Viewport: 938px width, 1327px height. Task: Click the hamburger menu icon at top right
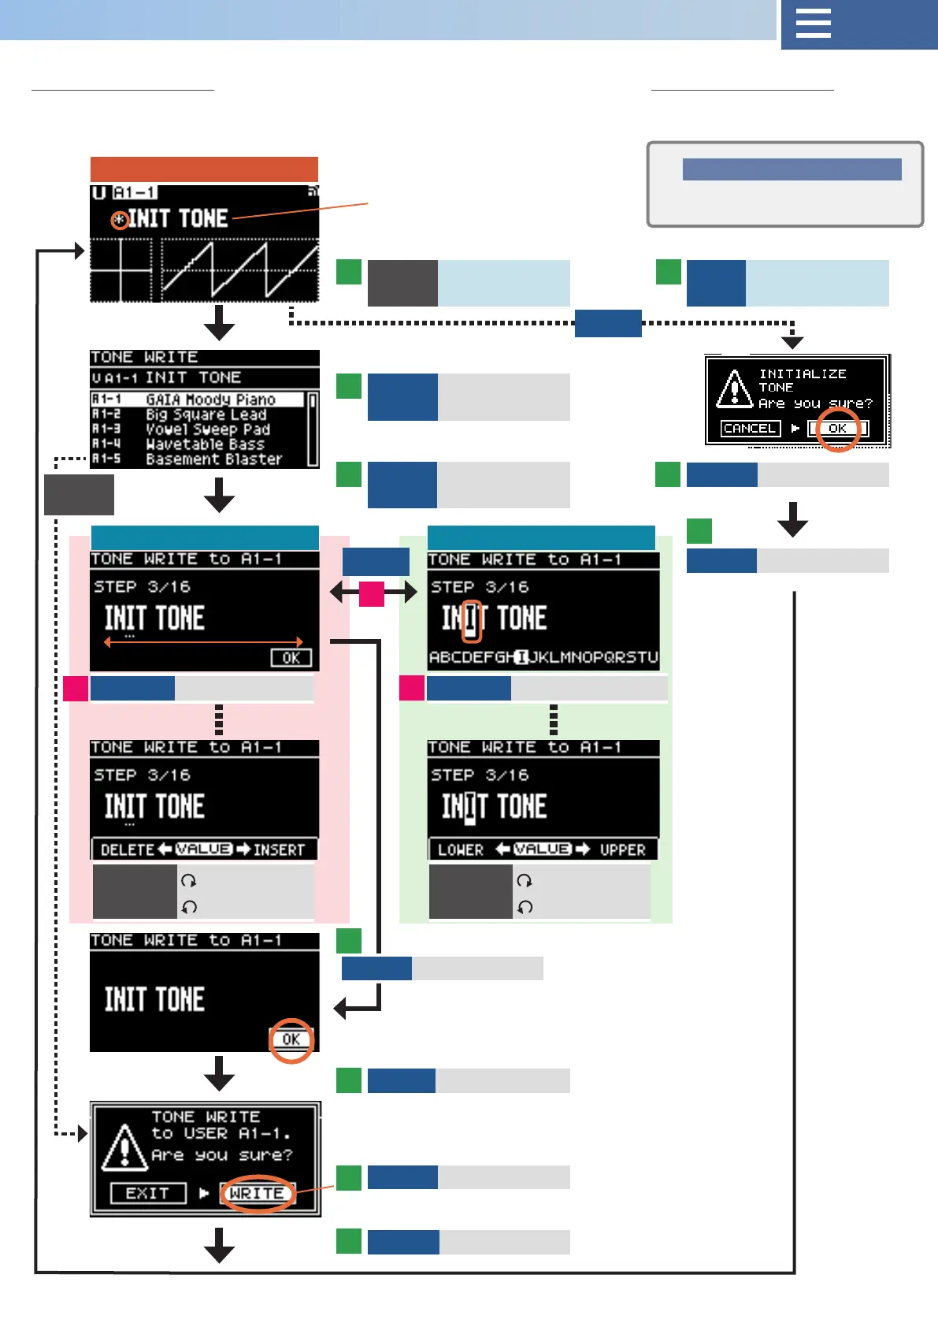click(x=814, y=24)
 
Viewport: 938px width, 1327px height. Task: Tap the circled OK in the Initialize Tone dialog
click(x=837, y=429)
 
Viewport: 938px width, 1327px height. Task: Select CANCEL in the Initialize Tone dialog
click(x=750, y=429)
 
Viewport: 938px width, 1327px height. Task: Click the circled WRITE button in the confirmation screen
click(x=257, y=1193)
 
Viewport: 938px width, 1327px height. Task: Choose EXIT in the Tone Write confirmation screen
click(x=147, y=1193)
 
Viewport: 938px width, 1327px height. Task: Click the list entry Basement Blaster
click(x=213, y=459)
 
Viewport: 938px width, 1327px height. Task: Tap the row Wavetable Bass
click(x=204, y=444)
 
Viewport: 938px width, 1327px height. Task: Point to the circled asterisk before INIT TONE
click(x=120, y=220)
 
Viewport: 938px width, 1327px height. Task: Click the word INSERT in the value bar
click(x=279, y=849)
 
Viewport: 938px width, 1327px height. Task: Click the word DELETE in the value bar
click(x=128, y=849)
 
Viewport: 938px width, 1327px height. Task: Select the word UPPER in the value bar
click(x=622, y=849)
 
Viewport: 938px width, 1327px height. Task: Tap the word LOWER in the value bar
click(x=461, y=849)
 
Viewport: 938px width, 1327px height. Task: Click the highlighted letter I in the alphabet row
click(x=521, y=657)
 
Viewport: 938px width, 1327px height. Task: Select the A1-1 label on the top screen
click(x=135, y=192)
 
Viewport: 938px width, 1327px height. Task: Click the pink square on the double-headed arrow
click(x=372, y=593)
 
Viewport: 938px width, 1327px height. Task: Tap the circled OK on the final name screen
click(x=291, y=1039)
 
